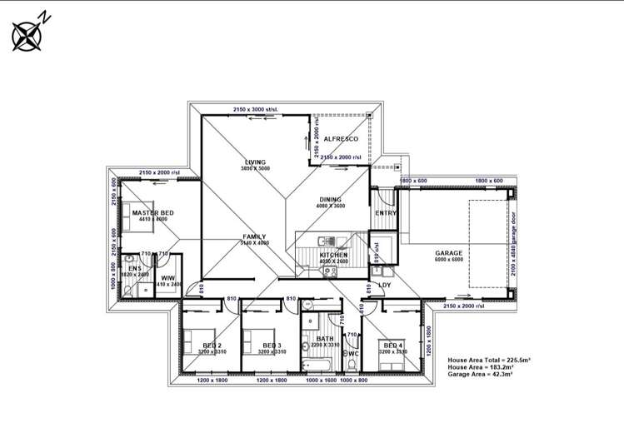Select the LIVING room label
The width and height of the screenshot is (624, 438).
pyautogui.click(x=254, y=162)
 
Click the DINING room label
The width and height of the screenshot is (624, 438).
pyautogui.click(x=331, y=200)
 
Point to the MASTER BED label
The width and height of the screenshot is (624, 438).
pyautogui.click(x=153, y=214)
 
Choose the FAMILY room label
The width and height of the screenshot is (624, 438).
pyautogui.click(x=254, y=237)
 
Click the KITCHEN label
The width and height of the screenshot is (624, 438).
pyautogui.click(x=334, y=255)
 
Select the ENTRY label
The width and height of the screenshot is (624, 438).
pyautogui.click(x=386, y=213)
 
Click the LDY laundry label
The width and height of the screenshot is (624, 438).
pyautogui.click(x=385, y=286)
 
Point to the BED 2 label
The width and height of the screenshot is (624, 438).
pyautogui.click(x=212, y=345)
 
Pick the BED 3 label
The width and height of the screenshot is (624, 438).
pyautogui.click(x=272, y=345)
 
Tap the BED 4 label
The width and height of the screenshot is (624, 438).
pyautogui.click(x=392, y=345)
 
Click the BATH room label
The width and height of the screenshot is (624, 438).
pyautogui.click(x=325, y=338)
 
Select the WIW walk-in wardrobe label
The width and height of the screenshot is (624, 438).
pyautogui.click(x=167, y=277)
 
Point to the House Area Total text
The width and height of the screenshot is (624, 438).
pyautogui.click(x=491, y=359)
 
